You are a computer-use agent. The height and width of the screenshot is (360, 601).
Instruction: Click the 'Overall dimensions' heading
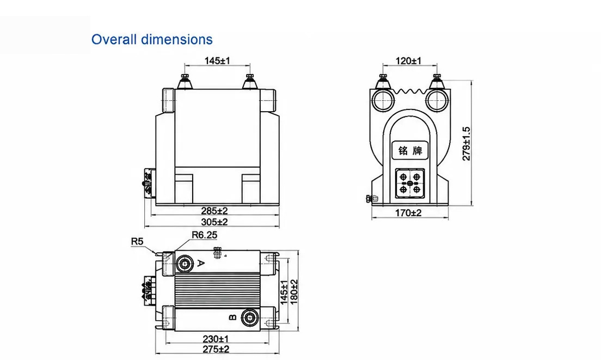tap(152, 40)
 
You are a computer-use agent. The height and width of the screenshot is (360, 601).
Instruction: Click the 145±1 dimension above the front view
tap(217, 60)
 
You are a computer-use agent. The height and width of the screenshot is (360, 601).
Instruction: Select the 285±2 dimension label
tap(214, 210)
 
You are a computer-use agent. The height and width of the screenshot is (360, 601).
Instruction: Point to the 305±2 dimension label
tap(214, 222)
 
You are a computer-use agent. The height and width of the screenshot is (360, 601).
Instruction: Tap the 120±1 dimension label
tap(408, 60)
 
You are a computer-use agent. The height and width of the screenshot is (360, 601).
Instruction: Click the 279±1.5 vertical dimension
tap(466, 144)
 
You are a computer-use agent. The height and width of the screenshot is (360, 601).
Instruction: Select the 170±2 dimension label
tap(408, 213)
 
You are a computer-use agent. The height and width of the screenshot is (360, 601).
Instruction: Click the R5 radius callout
tap(137, 241)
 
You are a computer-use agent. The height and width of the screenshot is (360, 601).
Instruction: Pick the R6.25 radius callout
tap(204, 235)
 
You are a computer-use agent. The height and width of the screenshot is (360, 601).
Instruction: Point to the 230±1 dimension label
tap(216, 339)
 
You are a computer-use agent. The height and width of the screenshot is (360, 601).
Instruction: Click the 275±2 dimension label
tap(216, 349)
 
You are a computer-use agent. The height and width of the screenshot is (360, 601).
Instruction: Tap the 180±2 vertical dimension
tap(294, 292)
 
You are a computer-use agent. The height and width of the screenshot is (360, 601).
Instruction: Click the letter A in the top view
tap(201, 263)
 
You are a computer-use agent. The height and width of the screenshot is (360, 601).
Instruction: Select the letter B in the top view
tap(232, 318)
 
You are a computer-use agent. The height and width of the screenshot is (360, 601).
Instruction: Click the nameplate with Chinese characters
tap(410, 150)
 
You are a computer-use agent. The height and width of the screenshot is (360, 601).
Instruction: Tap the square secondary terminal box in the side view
tap(410, 183)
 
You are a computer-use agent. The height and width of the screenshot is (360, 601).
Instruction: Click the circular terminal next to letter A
tap(185, 264)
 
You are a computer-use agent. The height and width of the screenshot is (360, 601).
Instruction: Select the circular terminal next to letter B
tap(250, 318)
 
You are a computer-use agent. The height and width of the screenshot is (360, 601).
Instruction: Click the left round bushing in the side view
tap(383, 100)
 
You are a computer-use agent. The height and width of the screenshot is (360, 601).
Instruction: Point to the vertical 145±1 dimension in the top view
tap(284, 292)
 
